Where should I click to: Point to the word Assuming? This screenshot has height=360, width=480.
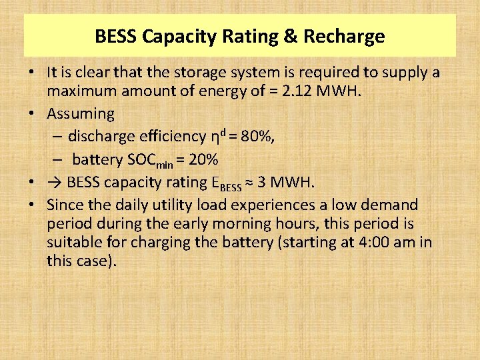(x=81, y=114)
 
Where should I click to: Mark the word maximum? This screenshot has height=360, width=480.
(x=82, y=91)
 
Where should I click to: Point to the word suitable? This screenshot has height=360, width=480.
(x=72, y=242)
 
